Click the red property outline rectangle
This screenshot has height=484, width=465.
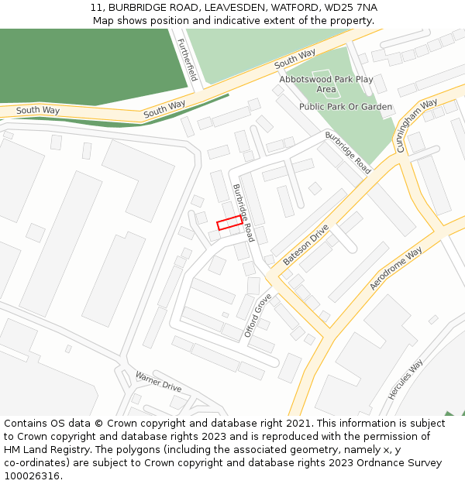click(229, 223)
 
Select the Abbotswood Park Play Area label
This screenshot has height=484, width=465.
click(326, 84)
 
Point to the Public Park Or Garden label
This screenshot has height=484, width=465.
click(346, 107)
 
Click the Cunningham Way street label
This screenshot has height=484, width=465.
click(417, 125)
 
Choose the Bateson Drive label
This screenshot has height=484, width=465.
click(306, 245)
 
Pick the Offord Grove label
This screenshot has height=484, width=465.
click(258, 315)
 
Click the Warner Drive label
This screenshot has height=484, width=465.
click(158, 381)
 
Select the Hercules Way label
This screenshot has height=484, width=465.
click(405, 379)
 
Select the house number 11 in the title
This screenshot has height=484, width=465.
click(96, 8)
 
